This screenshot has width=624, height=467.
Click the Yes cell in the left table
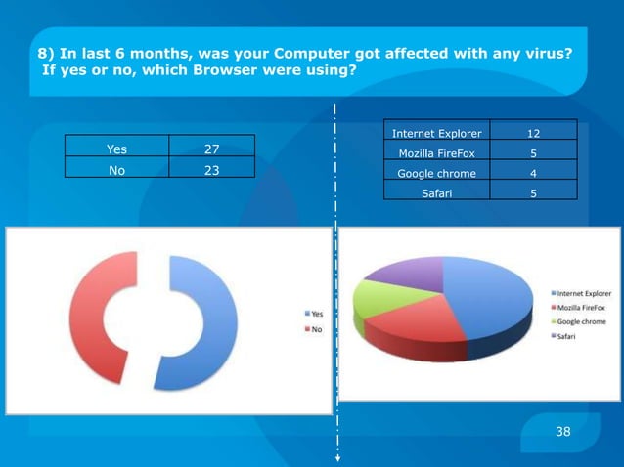click(115, 149)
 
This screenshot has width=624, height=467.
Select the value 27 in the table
click(211, 149)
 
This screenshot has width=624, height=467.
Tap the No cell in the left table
click(115, 169)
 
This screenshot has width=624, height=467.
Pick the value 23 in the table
click(211, 169)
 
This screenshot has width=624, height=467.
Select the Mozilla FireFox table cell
click(436, 153)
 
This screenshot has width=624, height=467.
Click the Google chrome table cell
click(436, 173)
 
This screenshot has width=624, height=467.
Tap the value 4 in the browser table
click(533, 173)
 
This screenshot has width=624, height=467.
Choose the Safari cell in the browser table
click(436, 193)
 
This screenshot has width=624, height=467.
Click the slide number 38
click(562, 430)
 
